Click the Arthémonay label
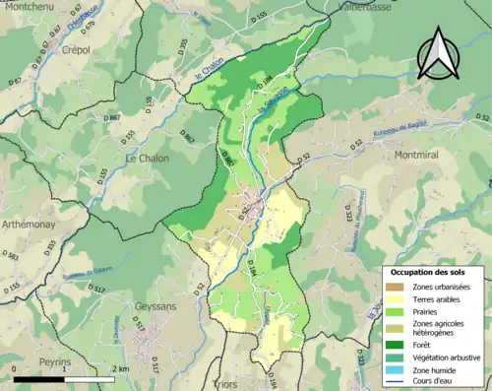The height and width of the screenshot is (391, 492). [x=31, y=224]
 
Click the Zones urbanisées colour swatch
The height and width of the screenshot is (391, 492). [x=396, y=286]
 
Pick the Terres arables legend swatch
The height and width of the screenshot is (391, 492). [x=396, y=299]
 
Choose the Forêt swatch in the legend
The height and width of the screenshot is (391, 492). [x=396, y=344]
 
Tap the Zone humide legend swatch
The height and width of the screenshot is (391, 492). [x=396, y=371]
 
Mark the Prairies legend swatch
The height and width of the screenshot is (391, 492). [x=396, y=312]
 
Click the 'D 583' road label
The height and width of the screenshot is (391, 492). [x=11, y=257]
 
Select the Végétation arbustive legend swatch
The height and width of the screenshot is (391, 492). [x=396, y=358]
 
